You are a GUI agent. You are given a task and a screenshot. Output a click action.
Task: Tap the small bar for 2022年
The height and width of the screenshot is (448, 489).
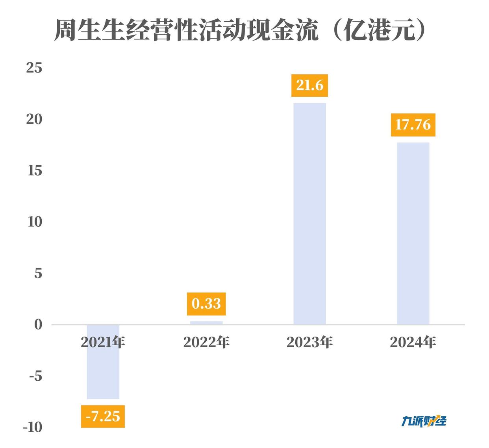point(206,323)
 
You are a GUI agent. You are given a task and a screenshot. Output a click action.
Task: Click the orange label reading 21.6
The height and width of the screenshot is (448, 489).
point(309,85)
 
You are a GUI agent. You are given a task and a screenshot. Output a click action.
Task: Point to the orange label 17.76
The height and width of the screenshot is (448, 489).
point(413,125)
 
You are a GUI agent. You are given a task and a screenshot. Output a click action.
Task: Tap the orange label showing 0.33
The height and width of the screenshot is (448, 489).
point(206,304)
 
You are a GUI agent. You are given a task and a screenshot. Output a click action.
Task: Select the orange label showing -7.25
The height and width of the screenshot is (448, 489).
point(103,416)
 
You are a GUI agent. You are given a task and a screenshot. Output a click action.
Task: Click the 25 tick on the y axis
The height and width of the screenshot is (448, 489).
point(34,68)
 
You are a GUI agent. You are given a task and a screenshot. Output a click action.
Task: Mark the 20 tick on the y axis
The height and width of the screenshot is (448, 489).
point(34,119)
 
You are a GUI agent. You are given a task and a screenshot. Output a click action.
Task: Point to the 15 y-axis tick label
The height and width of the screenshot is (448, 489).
point(35,170)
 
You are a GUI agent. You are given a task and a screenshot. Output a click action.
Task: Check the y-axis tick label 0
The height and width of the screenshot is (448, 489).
point(38,325)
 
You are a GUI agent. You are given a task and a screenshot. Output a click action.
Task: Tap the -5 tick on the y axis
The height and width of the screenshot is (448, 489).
point(35,376)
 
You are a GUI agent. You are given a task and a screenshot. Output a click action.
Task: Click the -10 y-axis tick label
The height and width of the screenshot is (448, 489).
point(33,428)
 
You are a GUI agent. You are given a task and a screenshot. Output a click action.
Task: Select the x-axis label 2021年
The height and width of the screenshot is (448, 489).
point(103,342)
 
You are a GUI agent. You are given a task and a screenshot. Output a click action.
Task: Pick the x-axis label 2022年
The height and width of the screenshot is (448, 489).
point(206,342)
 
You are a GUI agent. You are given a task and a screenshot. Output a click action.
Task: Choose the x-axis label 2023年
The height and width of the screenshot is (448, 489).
point(309,342)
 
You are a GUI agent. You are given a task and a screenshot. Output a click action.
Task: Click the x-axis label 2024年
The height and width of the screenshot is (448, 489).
point(413,342)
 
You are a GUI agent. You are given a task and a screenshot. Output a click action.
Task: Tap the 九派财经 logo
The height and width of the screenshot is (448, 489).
point(424,421)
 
